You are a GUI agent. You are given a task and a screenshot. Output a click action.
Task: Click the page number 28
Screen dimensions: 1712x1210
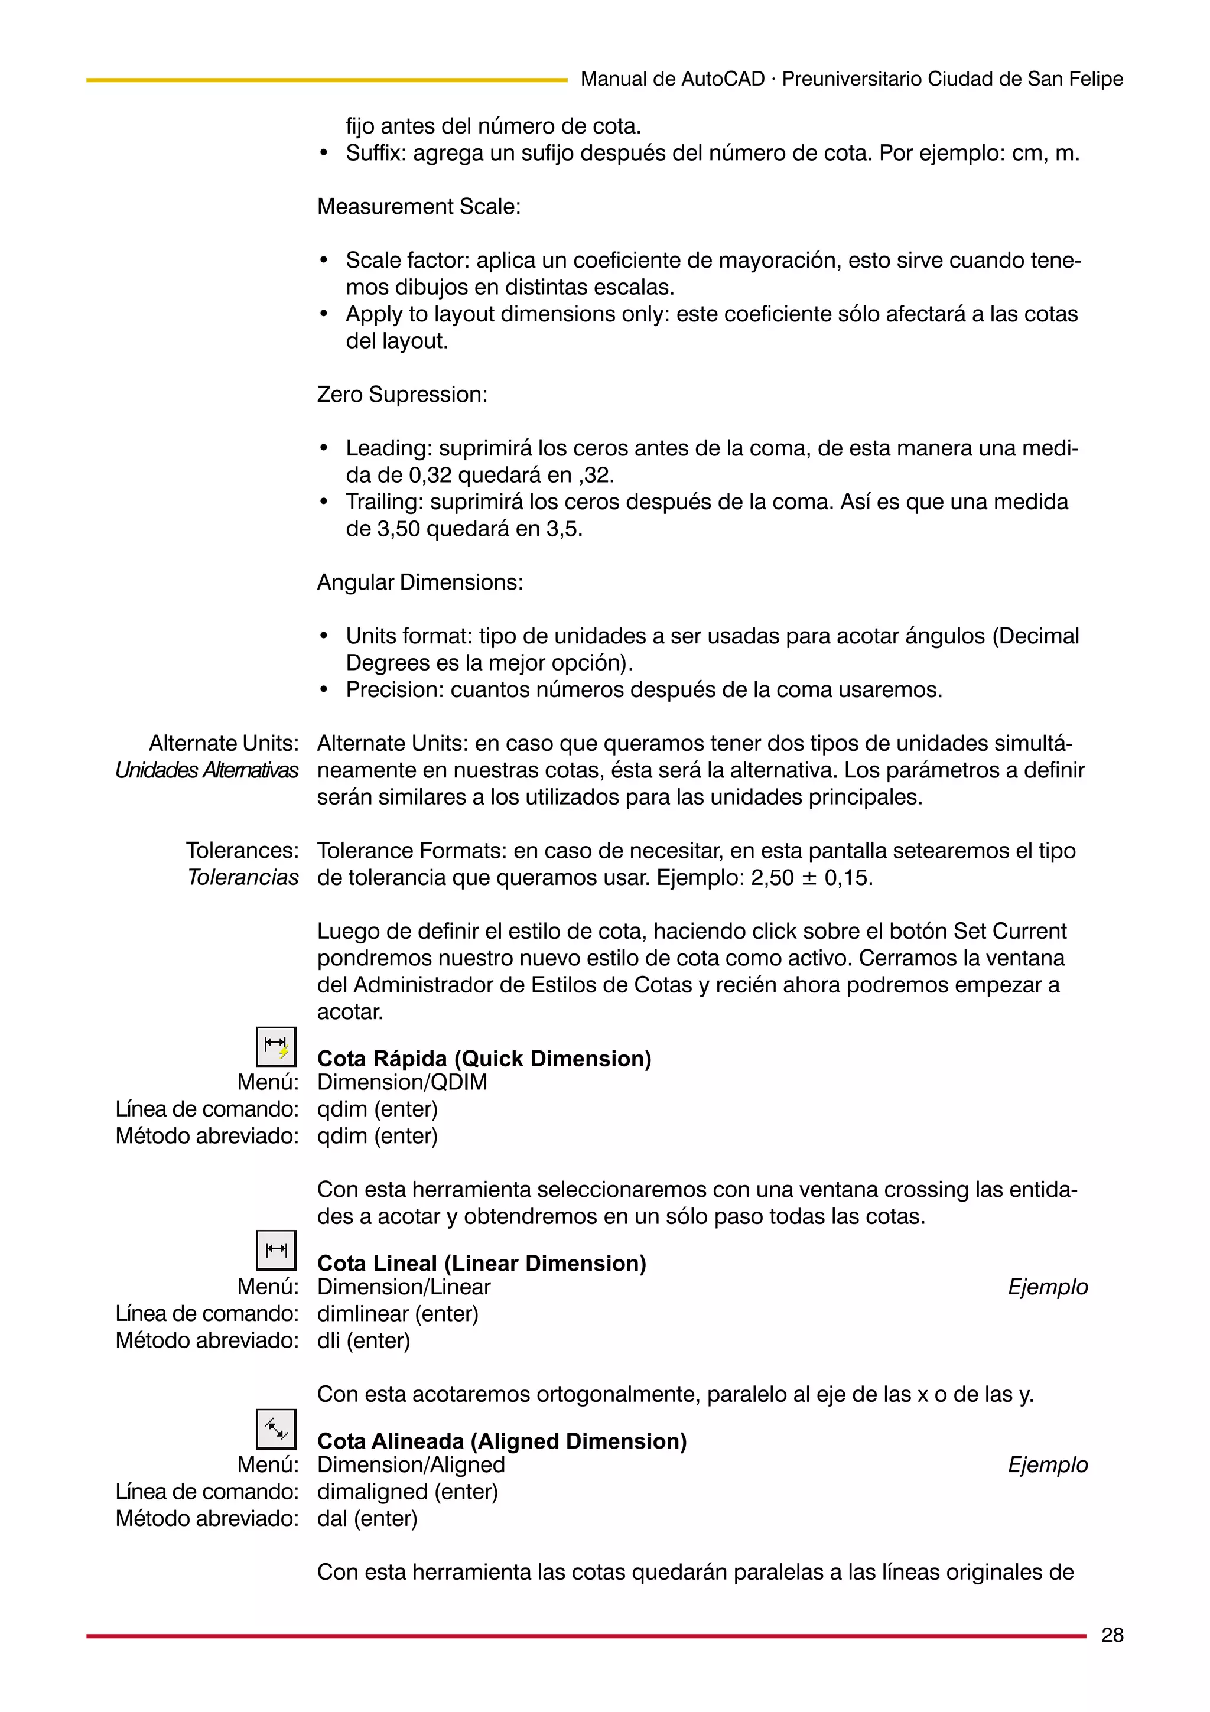pos(1111,1635)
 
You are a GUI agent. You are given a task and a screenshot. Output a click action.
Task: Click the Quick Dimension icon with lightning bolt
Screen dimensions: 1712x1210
pos(277,1047)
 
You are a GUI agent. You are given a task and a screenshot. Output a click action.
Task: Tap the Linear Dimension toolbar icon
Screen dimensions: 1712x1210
pos(277,1251)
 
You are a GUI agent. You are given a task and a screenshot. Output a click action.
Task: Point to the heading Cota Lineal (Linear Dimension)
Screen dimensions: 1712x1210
pos(482,1262)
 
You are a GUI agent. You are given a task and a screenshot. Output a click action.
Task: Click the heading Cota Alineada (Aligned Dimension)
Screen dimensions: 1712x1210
pos(502,1441)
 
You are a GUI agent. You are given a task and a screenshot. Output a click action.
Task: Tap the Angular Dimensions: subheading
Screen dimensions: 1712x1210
pos(419,582)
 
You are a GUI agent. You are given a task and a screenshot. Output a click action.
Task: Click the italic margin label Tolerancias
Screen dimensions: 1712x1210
pos(242,878)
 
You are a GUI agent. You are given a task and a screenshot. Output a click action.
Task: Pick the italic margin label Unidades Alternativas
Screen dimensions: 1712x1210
pos(207,770)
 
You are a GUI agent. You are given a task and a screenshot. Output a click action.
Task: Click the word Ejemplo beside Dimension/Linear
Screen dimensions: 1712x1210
pos(1048,1287)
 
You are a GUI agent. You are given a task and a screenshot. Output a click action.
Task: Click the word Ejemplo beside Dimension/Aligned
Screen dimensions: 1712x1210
pos(1048,1464)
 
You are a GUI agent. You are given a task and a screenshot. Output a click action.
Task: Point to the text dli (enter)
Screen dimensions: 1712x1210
pos(364,1340)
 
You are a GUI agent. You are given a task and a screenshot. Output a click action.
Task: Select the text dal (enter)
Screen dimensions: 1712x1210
pos(367,1518)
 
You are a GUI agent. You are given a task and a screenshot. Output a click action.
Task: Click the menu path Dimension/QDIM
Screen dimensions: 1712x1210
pos(402,1082)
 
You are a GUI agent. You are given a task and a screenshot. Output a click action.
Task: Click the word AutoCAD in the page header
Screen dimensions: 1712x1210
pos(723,79)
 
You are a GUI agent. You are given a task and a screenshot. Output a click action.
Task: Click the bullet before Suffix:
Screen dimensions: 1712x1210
pos(324,154)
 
